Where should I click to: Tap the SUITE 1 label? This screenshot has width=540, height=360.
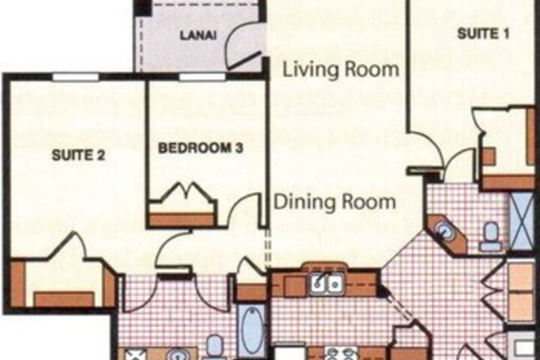pos(483,34)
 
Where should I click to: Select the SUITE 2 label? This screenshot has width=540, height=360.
pos(78,155)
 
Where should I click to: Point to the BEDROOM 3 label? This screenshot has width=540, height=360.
pos(200,148)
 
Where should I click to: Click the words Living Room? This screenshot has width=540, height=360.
pos(341,69)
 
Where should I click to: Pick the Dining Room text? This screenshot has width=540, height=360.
pos(334,202)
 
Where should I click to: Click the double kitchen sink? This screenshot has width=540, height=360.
pos(326,283)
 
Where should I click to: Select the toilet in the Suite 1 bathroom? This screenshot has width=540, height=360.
pos(489,236)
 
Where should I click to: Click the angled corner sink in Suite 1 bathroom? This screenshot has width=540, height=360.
pos(446,231)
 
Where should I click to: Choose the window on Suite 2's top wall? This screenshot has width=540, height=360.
pos(75,76)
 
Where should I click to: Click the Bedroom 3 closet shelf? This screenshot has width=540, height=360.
pos(181,220)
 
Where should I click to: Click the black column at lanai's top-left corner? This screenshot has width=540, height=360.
pos(143,7)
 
